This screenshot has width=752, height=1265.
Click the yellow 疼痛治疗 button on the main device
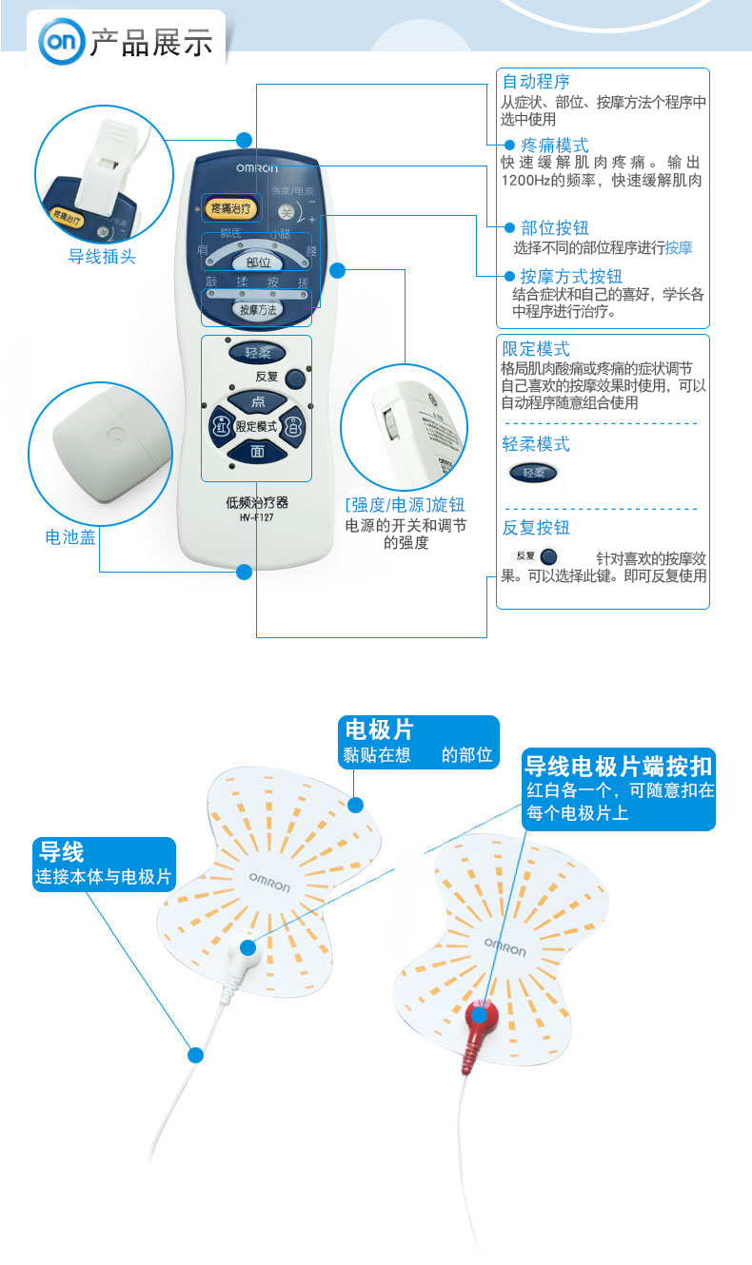(229, 206)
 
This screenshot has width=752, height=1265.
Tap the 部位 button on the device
(258, 261)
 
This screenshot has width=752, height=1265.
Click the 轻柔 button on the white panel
(258, 353)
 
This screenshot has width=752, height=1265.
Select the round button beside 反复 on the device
(296, 378)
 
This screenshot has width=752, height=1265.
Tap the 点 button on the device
(257, 402)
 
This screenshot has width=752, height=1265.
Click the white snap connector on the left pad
(247, 948)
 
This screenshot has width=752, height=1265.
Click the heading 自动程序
(536, 82)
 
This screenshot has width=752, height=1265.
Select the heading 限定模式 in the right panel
(536, 349)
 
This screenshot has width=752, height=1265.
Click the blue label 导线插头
(102, 256)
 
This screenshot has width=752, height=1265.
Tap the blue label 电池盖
(70, 537)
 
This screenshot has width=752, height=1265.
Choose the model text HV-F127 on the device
(256, 517)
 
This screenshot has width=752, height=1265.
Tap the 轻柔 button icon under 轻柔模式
(533, 472)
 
